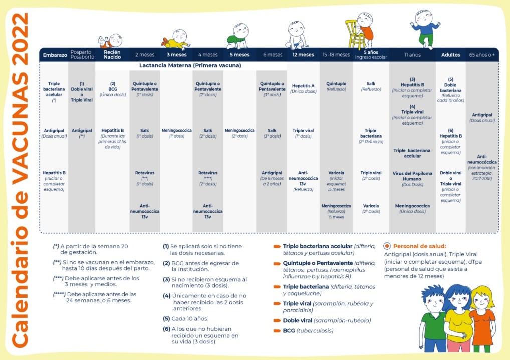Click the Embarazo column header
(55, 55)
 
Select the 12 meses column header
(303, 55)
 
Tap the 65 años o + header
(482, 55)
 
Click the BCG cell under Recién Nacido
(112, 89)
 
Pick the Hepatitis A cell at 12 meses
(303, 88)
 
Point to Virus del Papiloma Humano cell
(412, 179)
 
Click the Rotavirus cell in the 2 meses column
(145, 178)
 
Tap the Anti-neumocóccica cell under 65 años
(482, 168)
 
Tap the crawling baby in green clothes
(237, 36)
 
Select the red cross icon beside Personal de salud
(387, 246)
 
